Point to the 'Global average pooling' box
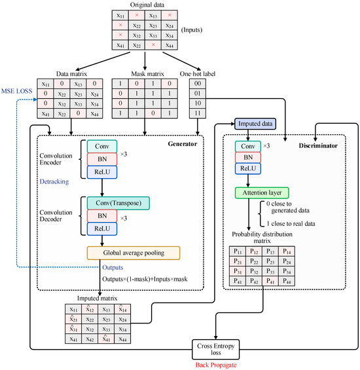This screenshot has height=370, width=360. (133, 252)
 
